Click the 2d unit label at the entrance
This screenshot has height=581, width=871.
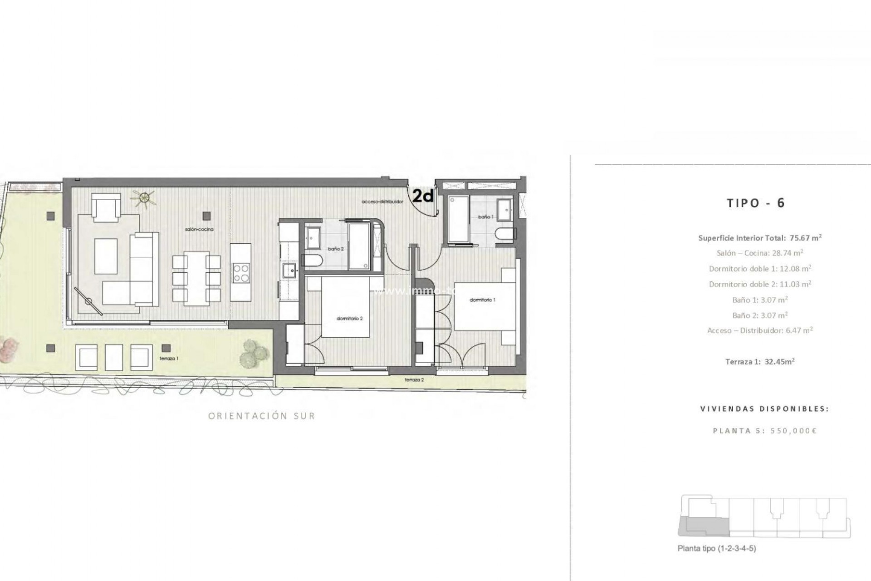[x=423, y=196]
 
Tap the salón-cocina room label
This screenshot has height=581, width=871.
[x=199, y=230]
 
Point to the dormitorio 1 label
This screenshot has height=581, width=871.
[x=482, y=300]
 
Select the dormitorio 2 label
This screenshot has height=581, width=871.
[x=349, y=319]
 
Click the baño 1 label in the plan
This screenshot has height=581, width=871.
[x=484, y=217]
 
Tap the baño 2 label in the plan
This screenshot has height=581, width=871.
[x=336, y=249]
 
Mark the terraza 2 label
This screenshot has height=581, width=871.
[x=414, y=379]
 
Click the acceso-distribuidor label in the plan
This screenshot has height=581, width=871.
[x=382, y=202]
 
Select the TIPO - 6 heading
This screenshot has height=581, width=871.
[x=755, y=203]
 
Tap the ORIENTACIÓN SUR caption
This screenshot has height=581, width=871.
[x=261, y=416]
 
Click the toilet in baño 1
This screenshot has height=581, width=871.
[x=504, y=235]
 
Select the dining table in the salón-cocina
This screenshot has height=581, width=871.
[x=196, y=277]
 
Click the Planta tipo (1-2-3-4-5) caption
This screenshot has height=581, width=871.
[x=717, y=548]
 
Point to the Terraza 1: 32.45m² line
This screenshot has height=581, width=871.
[x=760, y=362]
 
